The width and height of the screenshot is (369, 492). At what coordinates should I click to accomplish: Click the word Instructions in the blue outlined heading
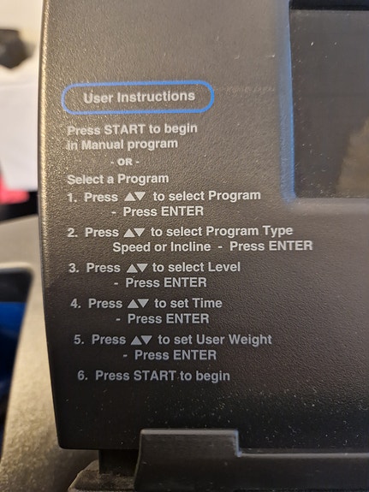[x=156, y=97]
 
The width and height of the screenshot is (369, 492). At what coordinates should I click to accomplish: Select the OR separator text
[x=125, y=163]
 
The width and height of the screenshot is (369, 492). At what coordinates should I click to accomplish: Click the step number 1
[x=72, y=198]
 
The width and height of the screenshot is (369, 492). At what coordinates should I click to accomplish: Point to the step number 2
[x=73, y=233]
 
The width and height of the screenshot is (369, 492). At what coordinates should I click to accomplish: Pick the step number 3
[x=74, y=268]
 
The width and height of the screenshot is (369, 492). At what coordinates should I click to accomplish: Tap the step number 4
[x=75, y=304]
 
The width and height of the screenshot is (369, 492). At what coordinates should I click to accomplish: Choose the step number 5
[x=79, y=340]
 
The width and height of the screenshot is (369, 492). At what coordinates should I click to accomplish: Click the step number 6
[x=82, y=376]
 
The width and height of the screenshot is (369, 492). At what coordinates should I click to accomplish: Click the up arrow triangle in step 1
[x=129, y=197]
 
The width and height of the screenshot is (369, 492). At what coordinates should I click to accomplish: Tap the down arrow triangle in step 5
[x=146, y=341]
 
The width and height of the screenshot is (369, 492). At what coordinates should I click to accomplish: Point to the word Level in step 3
[x=224, y=267]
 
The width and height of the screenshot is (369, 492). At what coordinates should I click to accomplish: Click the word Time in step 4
[x=207, y=303]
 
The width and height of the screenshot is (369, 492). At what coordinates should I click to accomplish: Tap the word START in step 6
[x=154, y=376]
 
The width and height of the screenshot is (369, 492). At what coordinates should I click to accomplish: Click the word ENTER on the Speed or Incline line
[x=291, y=246]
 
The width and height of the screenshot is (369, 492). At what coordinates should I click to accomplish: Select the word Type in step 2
[x=278, y=232]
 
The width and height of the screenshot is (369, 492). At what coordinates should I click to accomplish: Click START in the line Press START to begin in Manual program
[x=124, y=129]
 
